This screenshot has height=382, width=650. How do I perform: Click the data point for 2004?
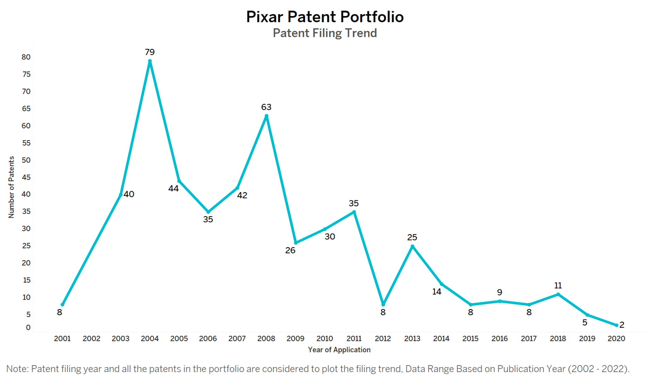click(x=150, y=61)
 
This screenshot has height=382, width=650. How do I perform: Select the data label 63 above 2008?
click(x=266, y=107)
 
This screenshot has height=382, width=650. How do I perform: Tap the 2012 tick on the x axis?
click(x=383, y=339)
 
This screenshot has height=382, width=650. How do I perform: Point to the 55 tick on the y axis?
click(x=26, y=143)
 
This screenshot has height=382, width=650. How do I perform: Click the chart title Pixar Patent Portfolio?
click(x=325, y=17)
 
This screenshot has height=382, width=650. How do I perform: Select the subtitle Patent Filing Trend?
click(x=325, y=33)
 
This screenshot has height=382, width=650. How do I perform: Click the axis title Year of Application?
click(x=339, y=350)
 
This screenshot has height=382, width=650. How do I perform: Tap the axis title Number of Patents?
click(x=11, y=187)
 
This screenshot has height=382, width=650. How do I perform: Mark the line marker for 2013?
click(x=412, y=247)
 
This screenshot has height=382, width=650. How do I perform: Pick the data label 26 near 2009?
click(x=290, y=251)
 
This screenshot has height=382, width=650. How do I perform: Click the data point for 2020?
click(x=616, y=325)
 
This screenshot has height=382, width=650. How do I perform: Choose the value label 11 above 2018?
click(x=558, y=286)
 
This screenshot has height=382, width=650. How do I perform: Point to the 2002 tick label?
click(x=91, y=339)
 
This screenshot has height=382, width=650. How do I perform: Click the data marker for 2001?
click(x=62, y=305)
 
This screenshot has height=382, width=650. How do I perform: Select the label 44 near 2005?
click(x=173, y=188)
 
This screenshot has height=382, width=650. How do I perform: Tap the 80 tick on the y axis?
click(x=26, y=57)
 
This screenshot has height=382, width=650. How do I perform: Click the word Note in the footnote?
click(x=17, y=369)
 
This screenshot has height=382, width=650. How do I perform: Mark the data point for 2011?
click(x=354, y=212)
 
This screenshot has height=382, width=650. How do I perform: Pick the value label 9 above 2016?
click(x=499, y=292)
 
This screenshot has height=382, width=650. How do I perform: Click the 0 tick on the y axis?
click(x=28, y=328)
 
